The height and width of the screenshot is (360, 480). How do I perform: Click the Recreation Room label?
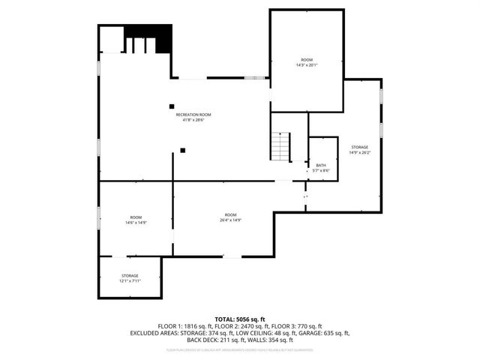pos(193,115)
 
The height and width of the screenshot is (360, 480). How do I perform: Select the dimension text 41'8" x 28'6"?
pos(193,120)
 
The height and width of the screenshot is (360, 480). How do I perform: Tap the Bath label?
pos(321,165)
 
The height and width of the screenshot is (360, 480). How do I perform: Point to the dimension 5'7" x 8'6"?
pos(321,170)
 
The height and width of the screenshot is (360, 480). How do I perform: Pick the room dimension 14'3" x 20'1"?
pos(306,65)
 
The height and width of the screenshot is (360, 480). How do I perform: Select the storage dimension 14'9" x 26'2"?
pos(358,153)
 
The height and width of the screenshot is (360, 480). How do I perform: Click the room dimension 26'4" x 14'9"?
pos(230,220)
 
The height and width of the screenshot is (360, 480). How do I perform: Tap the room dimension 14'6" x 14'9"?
pos(136,223)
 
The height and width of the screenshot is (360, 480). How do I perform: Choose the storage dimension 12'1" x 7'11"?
pos(130,281)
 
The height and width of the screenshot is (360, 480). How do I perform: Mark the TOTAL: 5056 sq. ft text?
pos(240,319)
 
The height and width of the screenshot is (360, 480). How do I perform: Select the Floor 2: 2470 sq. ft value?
pos(241,325)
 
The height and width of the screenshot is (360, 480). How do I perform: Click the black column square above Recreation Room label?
pos(172,106)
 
